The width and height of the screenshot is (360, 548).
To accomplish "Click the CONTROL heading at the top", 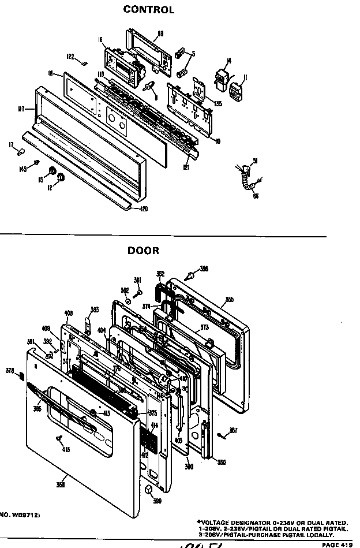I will [x=148, y=10].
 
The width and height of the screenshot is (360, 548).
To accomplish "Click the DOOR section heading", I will [x=143, y=251].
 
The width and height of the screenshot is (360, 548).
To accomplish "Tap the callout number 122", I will [x=70, y=56].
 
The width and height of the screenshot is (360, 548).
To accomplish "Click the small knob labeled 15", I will [x=51, y=172].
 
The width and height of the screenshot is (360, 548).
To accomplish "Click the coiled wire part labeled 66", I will [x=250, y=185].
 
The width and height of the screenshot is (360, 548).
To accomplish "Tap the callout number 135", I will [x=217, y=104].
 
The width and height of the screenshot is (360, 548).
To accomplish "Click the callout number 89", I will [x=160, y=33].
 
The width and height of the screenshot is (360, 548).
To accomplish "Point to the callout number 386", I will [x=204, y=269].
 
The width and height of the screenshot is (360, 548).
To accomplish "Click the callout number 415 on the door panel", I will [x=66, y=449].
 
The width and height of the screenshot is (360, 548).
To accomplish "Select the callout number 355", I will [x=229, y=299].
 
